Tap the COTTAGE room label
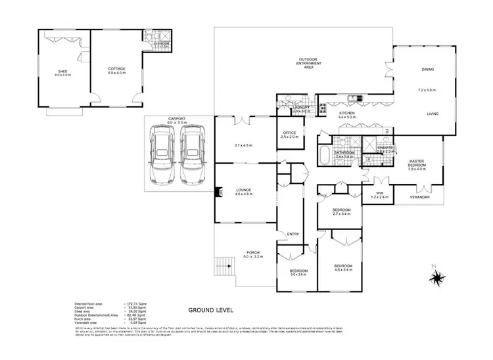click(116, 70)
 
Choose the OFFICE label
click(289, 133)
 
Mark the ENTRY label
click(293, 235)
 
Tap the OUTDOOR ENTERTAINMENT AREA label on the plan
click(307, 63)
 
